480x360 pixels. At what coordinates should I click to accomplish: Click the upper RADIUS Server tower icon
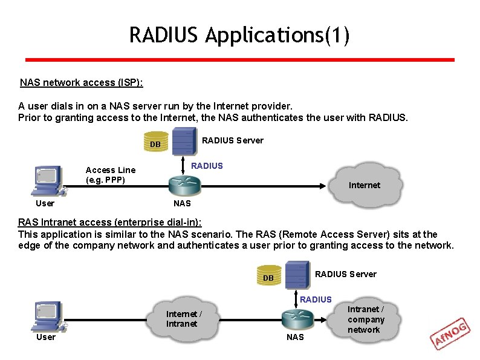(184, 142)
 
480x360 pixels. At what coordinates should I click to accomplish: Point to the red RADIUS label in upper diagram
(207, 166)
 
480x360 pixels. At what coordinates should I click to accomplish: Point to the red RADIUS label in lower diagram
(316, 299)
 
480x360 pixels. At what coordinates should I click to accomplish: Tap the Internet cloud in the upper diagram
(364, 183)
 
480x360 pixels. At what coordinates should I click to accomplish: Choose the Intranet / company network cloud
(366, 319)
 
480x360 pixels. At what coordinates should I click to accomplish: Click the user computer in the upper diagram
(48, 180)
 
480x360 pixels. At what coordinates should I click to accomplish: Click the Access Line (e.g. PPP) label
(111, 175)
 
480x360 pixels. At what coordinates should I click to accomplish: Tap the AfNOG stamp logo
(450, 334)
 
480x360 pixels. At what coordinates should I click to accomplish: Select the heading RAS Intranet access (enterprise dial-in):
(110, 223)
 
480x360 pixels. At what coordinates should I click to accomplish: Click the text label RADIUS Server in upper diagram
(233, 140)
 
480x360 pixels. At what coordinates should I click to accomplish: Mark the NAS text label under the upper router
(182, 203)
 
